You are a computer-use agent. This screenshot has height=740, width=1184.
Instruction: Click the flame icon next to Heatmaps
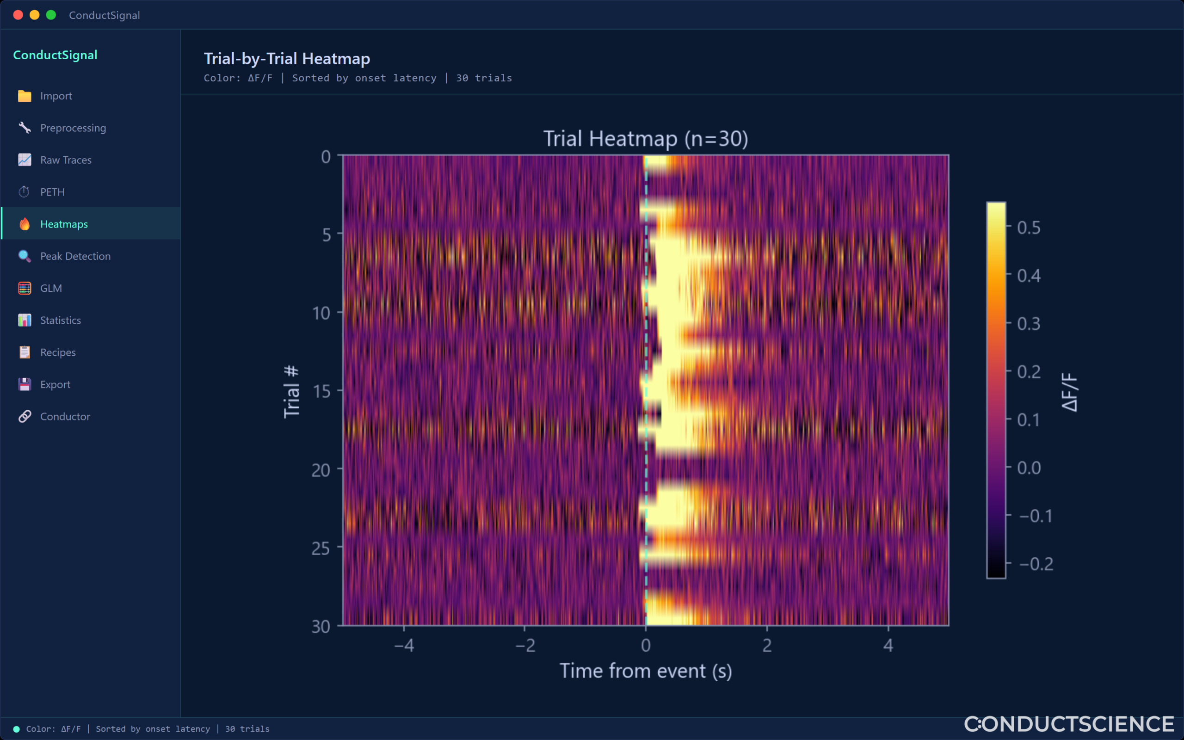click(x=25, y=224)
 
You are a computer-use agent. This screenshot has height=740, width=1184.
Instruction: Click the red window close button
click(x=18, y=15)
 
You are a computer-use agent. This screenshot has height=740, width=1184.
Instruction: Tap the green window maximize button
click(x=51, y=15)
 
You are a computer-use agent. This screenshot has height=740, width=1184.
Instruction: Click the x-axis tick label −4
click(x=404, y=646)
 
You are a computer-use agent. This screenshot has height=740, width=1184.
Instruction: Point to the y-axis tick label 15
click(x=321, y=392)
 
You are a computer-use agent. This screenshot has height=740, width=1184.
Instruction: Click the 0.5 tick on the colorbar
click(x=1029, y=228)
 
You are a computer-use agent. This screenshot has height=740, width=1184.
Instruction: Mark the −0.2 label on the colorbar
click(x=1036, y=564)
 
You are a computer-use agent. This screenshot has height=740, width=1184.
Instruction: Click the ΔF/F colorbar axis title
click(x=1069, y=392)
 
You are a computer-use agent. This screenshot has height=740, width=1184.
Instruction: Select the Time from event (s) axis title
click(x=646, y=671)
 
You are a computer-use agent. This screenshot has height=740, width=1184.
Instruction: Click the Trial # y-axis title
click(x=291, y=392)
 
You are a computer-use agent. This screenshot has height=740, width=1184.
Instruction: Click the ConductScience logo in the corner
click(x=1069, y=724)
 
